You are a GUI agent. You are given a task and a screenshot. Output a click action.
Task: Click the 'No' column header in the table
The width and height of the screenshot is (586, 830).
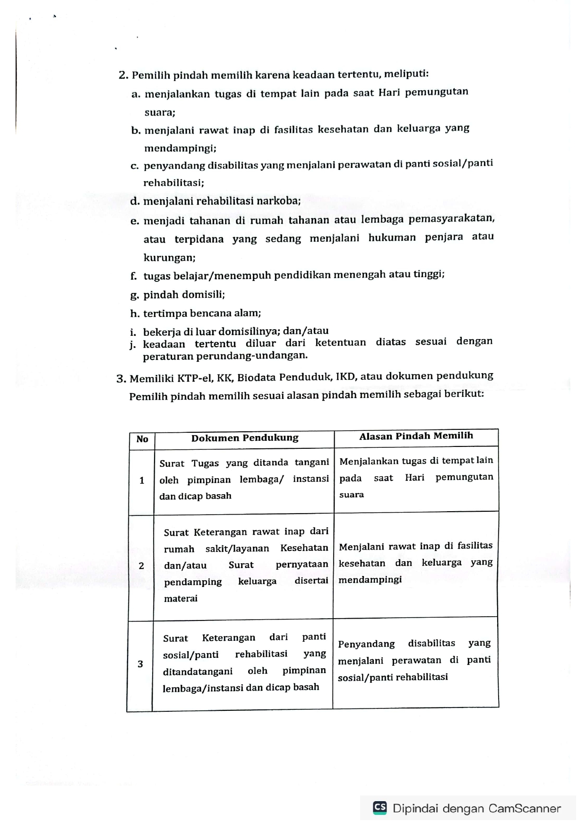[x=142, y=439]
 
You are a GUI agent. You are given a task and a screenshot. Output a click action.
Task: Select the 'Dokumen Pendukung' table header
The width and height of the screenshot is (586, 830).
[x=244, y=438]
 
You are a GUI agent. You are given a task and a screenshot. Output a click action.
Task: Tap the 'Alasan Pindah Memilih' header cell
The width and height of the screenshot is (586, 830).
[x=416, y=436]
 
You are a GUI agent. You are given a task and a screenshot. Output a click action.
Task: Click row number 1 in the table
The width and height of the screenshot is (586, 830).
[x=142, y=481]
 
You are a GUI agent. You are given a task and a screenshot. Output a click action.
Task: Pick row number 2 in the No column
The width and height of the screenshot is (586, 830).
[x=141, y=566]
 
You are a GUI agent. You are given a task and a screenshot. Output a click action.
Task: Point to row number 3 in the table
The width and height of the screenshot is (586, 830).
[x=140, y=664]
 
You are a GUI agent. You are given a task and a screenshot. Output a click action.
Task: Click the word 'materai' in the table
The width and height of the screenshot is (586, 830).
[x=181, y=599]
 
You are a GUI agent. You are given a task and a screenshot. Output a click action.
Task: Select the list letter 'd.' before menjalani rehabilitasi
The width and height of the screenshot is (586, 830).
[x=135, y=201]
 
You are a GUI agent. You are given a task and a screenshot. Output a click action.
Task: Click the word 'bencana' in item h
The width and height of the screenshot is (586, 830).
[x=200, y=313]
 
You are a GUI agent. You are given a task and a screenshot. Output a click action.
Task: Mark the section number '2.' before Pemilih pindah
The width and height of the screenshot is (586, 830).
[x=123, y=76]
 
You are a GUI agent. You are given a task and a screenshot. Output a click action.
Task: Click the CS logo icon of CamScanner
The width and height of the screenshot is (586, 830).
[x=380, y=808]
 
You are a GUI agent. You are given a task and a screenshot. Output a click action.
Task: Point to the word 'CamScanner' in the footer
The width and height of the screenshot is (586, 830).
[x=525, y=808]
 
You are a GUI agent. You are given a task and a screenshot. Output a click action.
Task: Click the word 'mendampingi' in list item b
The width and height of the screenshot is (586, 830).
[x=180, y=149]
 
